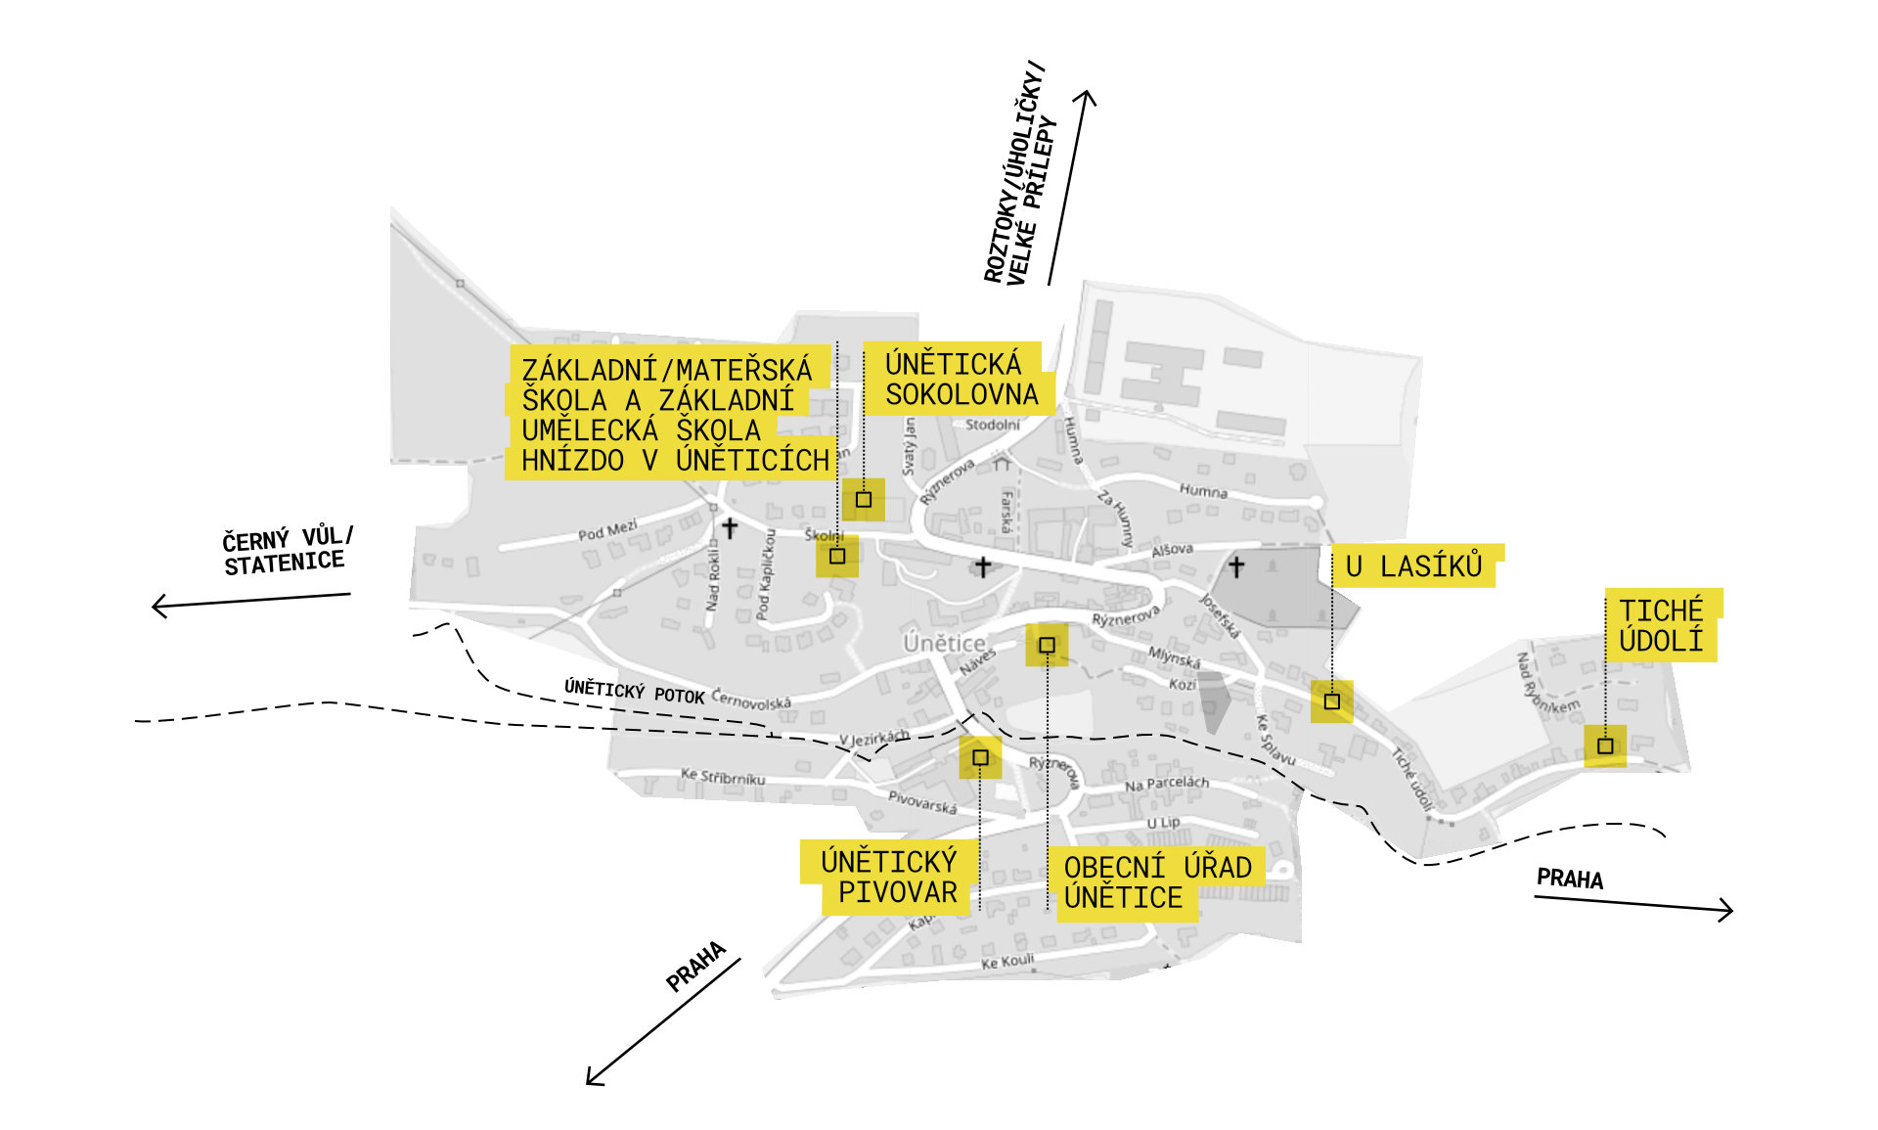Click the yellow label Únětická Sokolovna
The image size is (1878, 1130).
tap(961, 380)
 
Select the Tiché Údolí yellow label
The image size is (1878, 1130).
tap(1661, 626)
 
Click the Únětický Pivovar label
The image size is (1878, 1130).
tap(889, 877)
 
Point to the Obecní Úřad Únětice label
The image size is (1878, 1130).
tap(1157, 882)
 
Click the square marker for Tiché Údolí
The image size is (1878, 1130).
tap(1605, 746)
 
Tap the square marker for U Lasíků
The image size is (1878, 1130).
tap(1331, 701)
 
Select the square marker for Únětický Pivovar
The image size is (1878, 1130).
tap(980, 757)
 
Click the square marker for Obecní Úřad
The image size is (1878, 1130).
tap(1047, 645)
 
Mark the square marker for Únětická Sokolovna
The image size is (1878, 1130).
tap(864, 499)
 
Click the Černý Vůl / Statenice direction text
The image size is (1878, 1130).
tap(286, 551)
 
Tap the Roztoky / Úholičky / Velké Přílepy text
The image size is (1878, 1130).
tap(1021, 176)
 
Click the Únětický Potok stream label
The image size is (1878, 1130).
tap(634, 691)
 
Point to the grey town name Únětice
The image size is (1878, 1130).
tap(944, 643)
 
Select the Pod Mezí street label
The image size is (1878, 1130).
tap(607, 530)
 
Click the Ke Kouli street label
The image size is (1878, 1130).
tap(1007, 962)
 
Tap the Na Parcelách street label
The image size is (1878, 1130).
tap(1166, 784)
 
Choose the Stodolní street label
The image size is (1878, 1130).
tap(992, 425)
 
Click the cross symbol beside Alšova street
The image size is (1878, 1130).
tap(1236, 567)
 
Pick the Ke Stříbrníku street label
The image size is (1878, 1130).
tap(723, 777)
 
